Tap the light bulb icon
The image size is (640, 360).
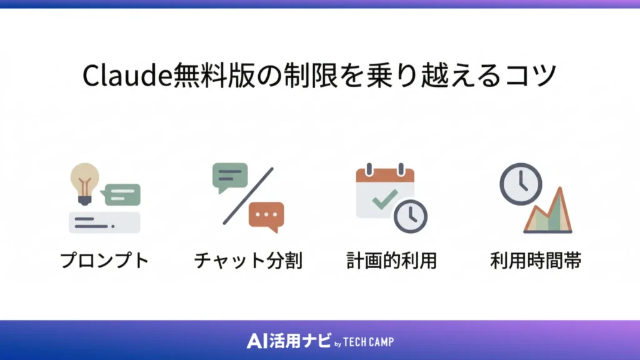click(84, 180)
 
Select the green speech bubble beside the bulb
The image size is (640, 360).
click(122, 194)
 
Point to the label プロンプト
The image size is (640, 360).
click(104, 261)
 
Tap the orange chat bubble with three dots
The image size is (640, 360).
click(266, 215)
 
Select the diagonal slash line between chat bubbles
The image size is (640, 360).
click(248, 196)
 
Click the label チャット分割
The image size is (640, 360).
click(248, 261)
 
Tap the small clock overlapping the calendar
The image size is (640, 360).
click(411, 216)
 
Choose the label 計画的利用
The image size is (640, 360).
click(391, 261)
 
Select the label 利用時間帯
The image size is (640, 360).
click(536, 261)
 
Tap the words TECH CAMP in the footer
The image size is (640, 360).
click(370, 342)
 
